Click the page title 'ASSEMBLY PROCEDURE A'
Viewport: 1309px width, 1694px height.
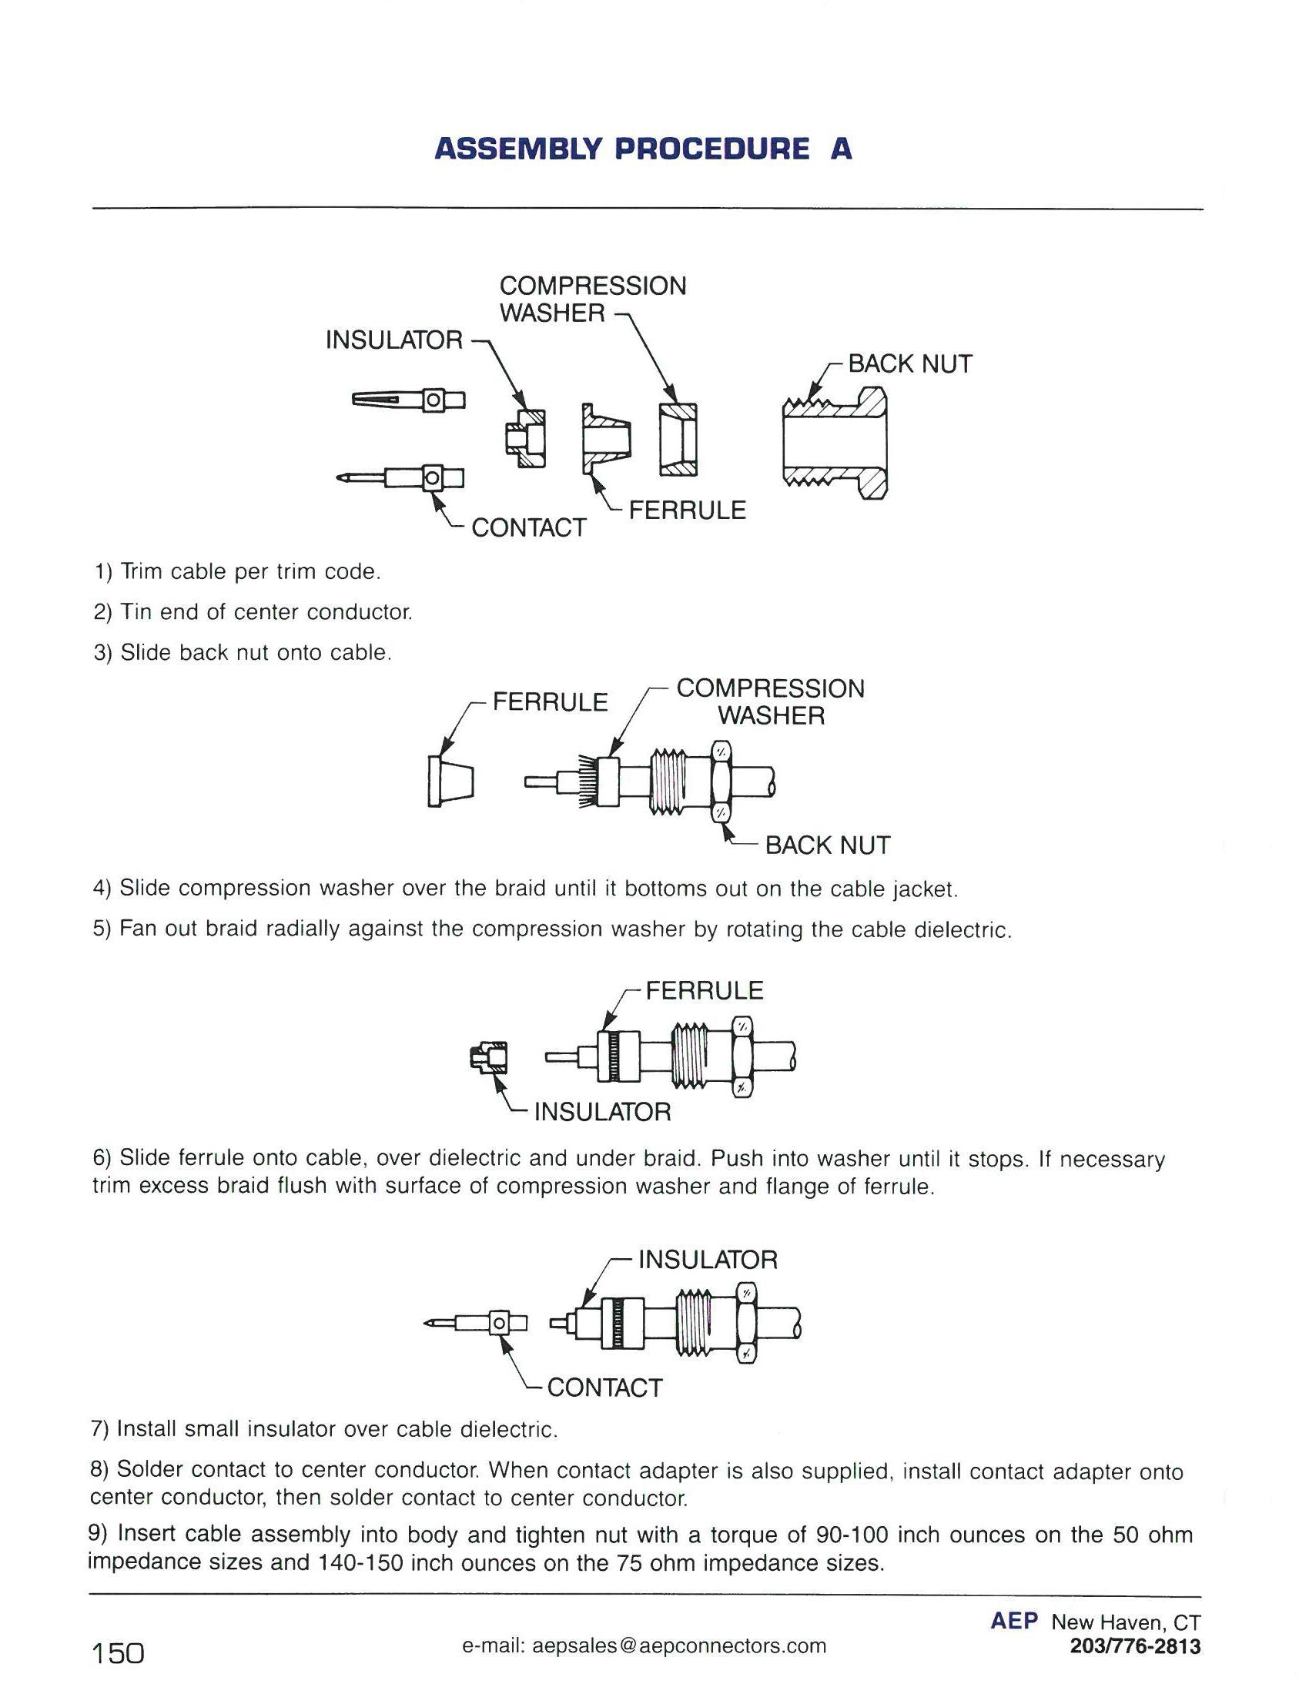[644, 149]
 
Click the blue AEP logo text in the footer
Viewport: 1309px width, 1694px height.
[1013, 1621]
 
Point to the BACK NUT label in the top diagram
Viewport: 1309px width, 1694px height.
[909, 363]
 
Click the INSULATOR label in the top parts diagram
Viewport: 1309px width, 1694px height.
[394, 340]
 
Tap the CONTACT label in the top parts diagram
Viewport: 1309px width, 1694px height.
[528, 527]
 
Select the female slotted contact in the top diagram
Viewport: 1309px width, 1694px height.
[407, 400]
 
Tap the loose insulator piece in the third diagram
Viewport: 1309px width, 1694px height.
[488, 1057]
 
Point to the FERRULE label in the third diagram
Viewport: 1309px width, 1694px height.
[704, 990]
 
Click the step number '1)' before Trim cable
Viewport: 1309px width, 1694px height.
[103, 571]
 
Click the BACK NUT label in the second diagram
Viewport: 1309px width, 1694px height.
[828, 845]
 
